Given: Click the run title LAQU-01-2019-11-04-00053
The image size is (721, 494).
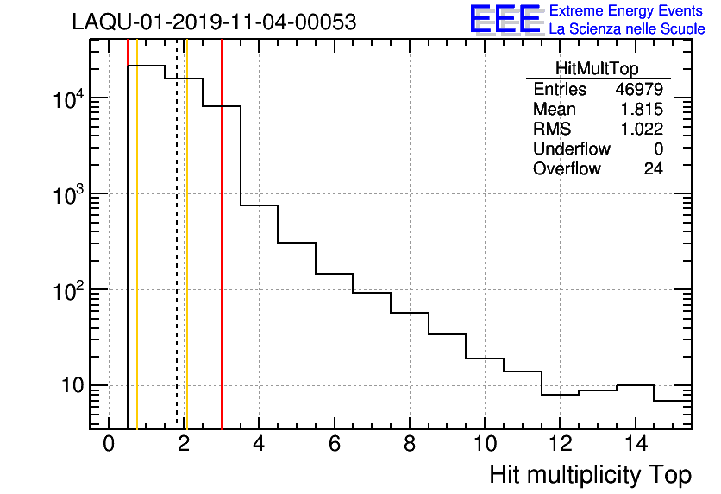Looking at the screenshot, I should (x=214, y=22).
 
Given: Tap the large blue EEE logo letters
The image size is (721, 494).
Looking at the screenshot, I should (x=505, y=19).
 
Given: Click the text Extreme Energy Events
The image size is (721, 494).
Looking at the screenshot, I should (x=626, y=11).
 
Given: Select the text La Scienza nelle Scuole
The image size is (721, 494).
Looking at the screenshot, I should (x=626, y=29).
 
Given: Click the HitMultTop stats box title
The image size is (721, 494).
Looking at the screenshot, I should (x=598, y=71).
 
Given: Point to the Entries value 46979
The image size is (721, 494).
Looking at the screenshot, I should (x=638, y=90).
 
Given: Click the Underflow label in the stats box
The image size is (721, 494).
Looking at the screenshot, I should (x=571, y=149).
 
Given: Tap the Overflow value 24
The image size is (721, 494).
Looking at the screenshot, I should (x=653, y=169).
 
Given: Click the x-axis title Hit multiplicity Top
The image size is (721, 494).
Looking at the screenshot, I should (x=590, y=475).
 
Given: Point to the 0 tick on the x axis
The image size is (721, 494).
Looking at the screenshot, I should (x=109, y=445).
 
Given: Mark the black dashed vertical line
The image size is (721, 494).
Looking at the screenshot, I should (x=177, y=259).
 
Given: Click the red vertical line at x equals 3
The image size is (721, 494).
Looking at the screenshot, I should (x=222, y=259).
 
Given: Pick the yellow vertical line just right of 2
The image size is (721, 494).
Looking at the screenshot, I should (x=186, y=259).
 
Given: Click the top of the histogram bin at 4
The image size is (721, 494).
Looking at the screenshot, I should (x=259, y=206).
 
